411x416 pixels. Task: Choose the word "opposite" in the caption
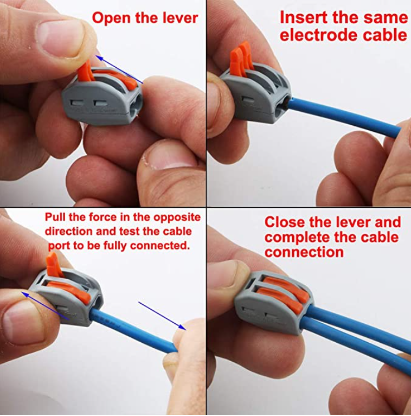pos(177,218)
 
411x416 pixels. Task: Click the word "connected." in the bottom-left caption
pos(160,245)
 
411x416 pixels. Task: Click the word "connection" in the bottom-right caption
pos(304,252)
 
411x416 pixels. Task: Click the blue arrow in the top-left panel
pos(119,69)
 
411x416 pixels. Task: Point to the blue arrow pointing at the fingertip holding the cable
pos(162,316)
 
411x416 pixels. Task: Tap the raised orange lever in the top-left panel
pos(85,71)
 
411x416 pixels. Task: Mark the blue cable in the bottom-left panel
pos(133,331)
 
